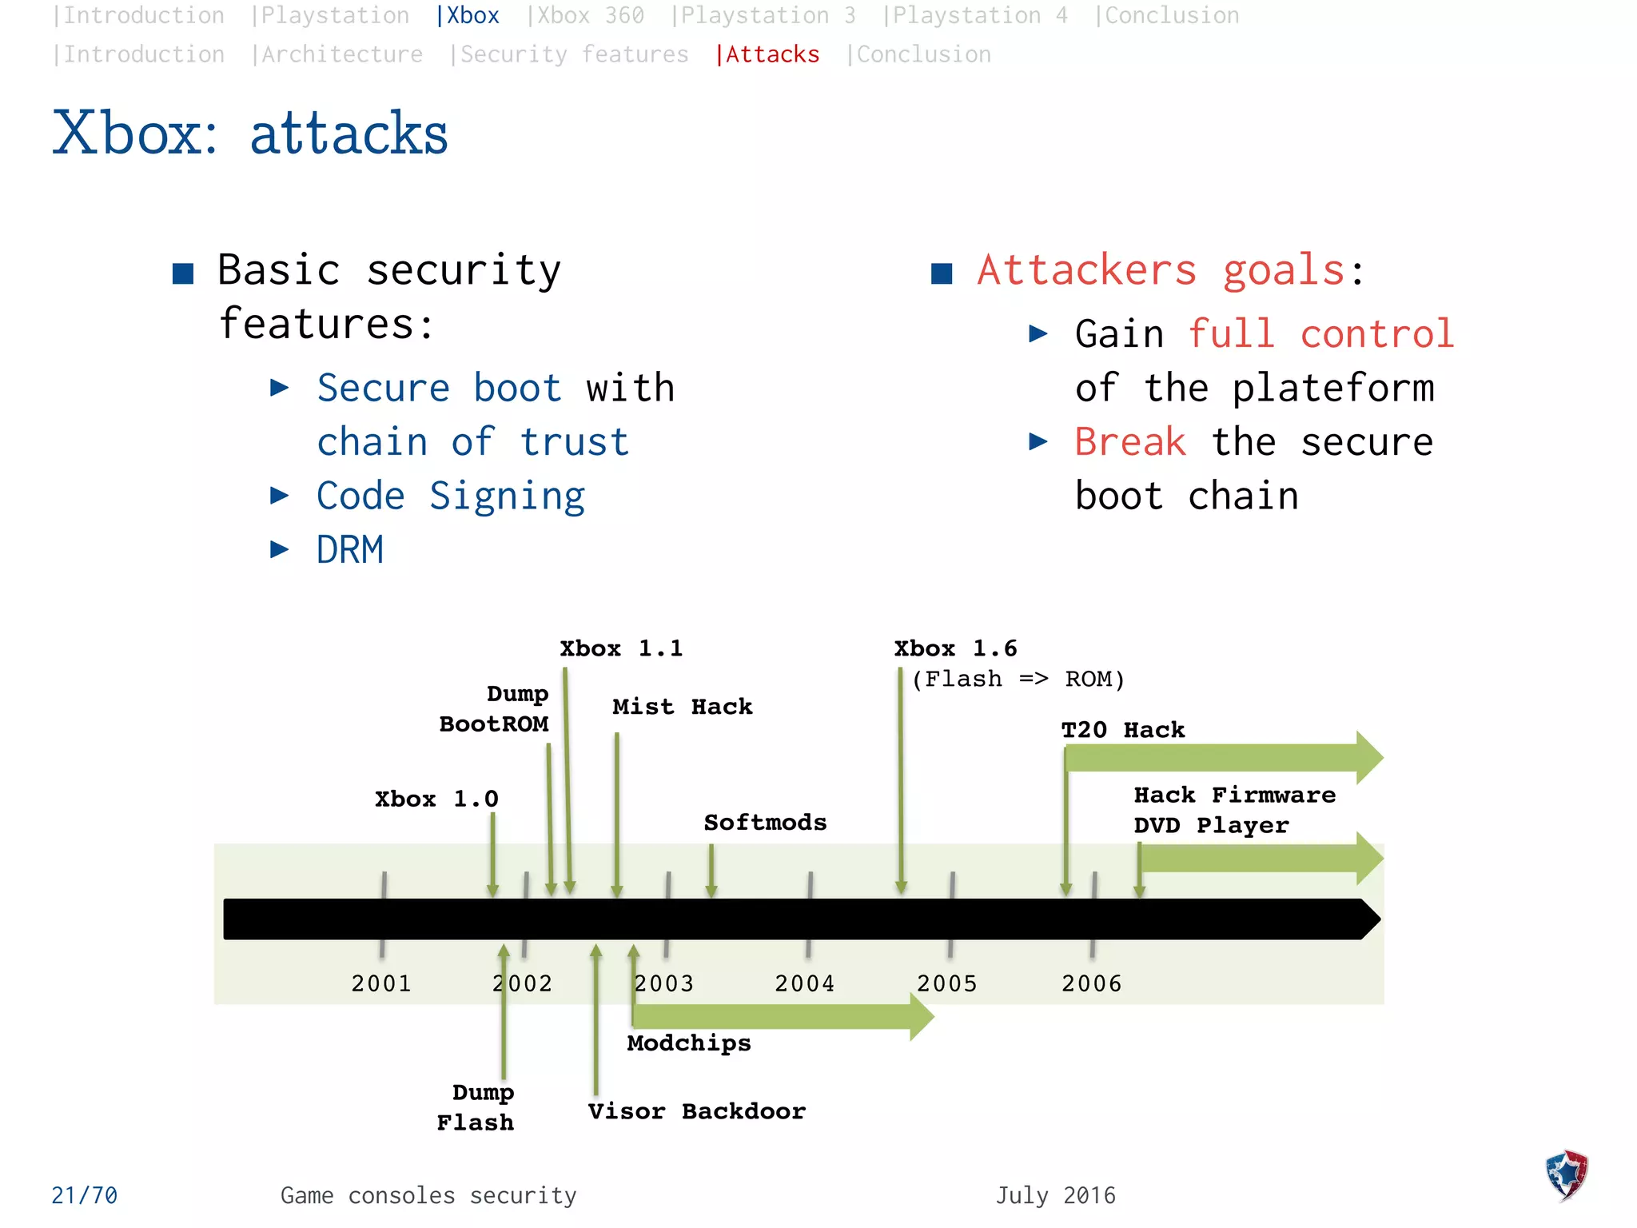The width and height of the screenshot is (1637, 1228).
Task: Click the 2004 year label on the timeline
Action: (804, 983)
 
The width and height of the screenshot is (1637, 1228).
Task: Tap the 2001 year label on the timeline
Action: (381, 983)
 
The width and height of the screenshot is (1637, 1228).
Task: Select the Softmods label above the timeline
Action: (765, 823)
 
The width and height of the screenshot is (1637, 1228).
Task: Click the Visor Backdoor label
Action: (696, 1111)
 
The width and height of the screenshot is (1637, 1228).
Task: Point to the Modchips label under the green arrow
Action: (689, 1043)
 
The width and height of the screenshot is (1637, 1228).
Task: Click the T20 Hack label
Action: (1122, 730)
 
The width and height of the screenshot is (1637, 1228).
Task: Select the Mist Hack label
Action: (682, 707)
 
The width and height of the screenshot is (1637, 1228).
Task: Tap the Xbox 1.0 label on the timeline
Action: (436, 799)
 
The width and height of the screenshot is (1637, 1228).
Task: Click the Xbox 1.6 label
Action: (955, 648)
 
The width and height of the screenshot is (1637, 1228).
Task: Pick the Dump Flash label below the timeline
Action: (477, 1107)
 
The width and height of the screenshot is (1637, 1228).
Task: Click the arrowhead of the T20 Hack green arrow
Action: (1368, 756)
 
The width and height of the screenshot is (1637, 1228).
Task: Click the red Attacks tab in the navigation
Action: (769, 54)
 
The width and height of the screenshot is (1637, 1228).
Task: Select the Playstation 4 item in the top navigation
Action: (975, 15)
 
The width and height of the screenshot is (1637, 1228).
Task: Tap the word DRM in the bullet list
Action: (350, 550)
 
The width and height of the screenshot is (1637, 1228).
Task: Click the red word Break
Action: (1129, 442)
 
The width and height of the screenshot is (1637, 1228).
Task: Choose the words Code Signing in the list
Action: (451, 496)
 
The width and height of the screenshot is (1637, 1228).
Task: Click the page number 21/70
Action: (84, 1195)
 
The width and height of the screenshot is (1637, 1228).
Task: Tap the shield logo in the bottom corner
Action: (1566, 1174)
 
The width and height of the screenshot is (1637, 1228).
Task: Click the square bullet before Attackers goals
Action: (942, 273)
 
